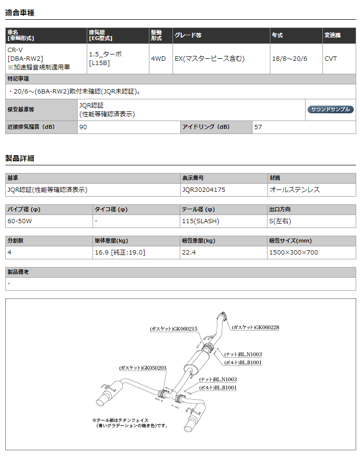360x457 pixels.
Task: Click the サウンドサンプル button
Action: point(330,109)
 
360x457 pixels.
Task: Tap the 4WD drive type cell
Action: point(158,59)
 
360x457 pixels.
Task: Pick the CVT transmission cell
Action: point(331,59)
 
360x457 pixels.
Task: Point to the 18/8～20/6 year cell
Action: point(289,59)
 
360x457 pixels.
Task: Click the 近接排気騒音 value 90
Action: point(83,127)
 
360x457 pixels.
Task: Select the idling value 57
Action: point(258,127)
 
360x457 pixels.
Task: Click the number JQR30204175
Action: point(204,190)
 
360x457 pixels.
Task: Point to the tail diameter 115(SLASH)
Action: point(200,221)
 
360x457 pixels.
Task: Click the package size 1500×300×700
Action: point(293,252)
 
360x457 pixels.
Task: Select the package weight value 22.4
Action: point(189,252)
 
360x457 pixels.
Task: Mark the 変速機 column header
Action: point(332,36)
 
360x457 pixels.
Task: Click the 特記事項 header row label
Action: point(18,79)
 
